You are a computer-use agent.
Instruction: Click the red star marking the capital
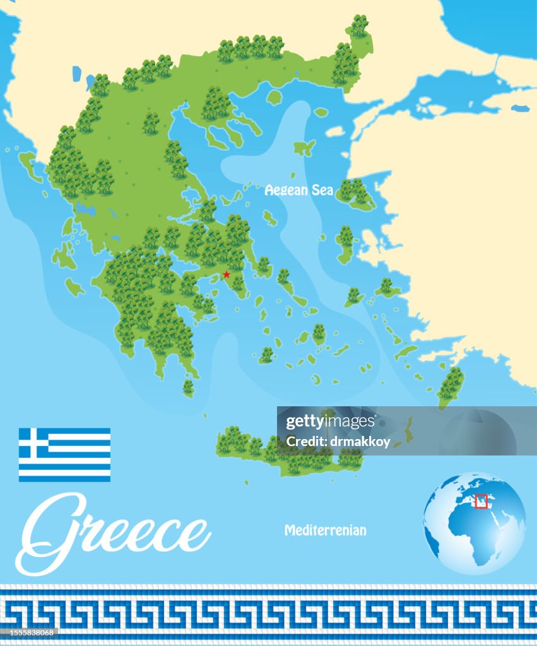(227, 274)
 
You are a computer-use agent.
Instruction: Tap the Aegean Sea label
(299, 189)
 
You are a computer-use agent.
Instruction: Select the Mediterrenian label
(325, 530)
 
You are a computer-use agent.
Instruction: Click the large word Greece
(114, 533)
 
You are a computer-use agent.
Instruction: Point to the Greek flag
(64, 454)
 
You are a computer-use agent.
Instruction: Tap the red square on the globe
(481, 502)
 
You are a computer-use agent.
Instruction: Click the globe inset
(474, 523)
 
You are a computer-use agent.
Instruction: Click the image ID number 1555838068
(30, 633)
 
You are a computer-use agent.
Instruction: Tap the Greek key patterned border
(268, 612)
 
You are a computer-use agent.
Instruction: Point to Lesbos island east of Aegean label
(355, 194)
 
